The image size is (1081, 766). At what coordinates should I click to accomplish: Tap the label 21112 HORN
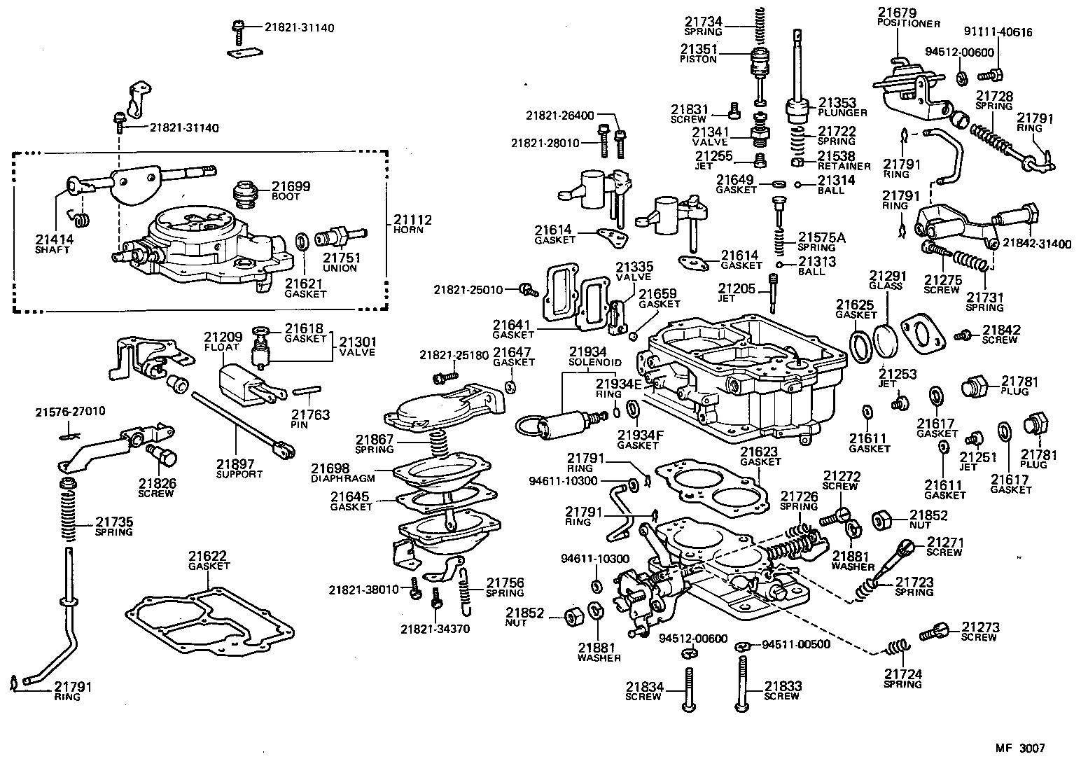(x=412, y=224)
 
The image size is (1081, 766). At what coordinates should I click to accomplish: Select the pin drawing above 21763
(x=307, y=390)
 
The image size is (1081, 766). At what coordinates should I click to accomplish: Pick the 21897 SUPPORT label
(x=239, y=468)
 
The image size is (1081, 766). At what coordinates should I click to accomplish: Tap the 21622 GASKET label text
(x=208, y=561)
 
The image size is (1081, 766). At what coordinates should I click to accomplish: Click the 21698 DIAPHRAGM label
(x=343, y=473)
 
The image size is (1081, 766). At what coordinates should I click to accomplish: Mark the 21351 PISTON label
(x=698, y=53)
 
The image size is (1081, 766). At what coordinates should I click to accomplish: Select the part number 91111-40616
(x=998, y=32)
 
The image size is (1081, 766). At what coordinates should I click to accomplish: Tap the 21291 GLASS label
(x=886, y=280)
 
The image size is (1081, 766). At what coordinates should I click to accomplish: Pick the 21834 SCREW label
(x=644, y=691)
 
